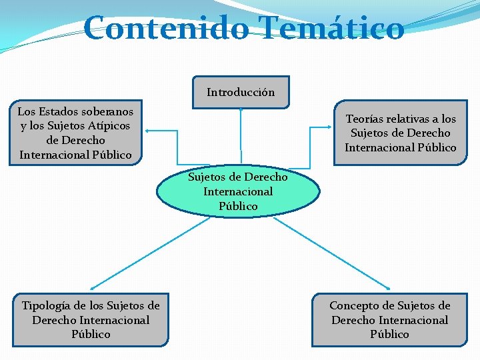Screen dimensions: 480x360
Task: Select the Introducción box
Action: pos(241,92)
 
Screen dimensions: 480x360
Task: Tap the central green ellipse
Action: pos(238,192)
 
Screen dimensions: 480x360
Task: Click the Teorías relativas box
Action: pos(401,133)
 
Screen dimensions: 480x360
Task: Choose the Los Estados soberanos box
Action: pos(75,133)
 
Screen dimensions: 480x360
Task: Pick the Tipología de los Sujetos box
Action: pos(91,319)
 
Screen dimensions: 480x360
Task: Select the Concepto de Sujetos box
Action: pos(390,319)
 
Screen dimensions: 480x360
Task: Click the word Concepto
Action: pos(354,305)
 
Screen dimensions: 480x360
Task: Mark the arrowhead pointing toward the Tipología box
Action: pos(94,287)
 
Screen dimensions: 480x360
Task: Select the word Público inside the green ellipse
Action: pos(238,206)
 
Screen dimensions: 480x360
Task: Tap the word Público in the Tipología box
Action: pos(91,334)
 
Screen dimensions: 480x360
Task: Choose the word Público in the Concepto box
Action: pos(390,334)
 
